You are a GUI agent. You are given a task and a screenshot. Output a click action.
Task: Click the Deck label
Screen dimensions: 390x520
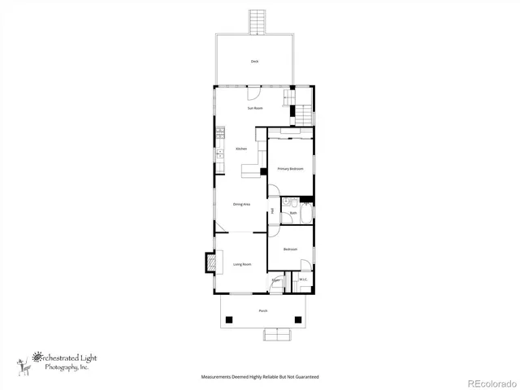253,62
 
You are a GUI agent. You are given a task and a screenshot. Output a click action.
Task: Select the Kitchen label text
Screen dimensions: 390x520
241,149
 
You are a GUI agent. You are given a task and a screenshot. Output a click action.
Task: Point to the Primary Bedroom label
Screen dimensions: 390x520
290,169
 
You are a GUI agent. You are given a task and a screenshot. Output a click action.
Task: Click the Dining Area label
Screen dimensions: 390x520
241,204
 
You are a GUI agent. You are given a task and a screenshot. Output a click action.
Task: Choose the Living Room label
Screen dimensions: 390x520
242,264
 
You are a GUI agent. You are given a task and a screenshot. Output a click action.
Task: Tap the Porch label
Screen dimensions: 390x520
262,311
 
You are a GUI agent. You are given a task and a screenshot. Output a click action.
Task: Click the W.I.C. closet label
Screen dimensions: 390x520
302,280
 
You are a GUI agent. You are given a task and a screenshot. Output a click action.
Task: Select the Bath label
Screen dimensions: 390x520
292,214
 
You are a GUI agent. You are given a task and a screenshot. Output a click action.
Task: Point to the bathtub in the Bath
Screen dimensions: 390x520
306,214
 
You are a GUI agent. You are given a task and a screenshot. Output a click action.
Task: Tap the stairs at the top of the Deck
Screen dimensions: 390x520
258,21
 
